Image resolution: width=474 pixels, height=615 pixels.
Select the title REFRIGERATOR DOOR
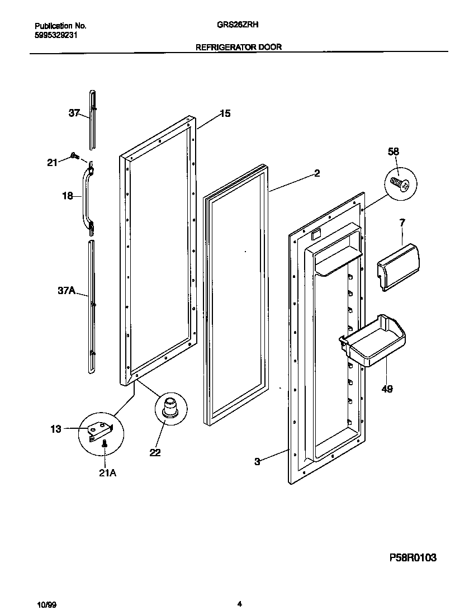[238, 48]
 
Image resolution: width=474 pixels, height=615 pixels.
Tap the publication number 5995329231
[56, 35]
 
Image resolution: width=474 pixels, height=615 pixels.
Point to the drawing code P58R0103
[413, 557]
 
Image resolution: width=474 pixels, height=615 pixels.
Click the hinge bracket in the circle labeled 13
[101, 429]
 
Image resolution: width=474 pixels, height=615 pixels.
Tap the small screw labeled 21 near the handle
[74, 157]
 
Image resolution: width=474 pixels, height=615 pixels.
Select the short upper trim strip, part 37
[92, 119]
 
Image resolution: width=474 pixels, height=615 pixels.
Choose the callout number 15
[225, 113]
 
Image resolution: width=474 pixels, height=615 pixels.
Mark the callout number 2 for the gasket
[316, 173]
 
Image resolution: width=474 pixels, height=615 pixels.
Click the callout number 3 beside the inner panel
[257, 461]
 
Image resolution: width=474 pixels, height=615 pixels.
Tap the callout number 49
[387, 389]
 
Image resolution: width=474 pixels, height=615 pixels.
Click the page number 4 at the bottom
[239, 604]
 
